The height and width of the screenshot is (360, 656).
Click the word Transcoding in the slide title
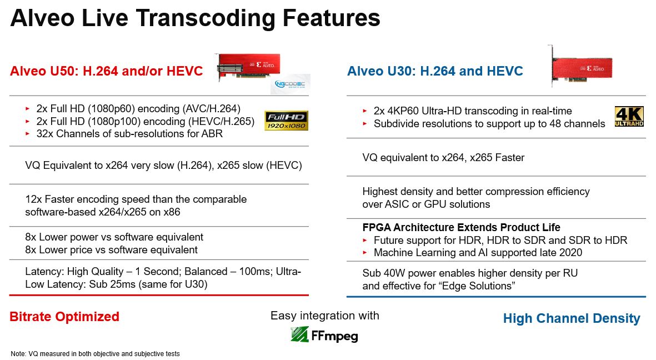tap(204, 18)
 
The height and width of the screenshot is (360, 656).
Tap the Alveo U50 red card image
tap(248, 67)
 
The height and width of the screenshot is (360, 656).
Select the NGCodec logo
tap(290, 84)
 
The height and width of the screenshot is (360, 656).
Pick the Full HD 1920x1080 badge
tap(286, 121)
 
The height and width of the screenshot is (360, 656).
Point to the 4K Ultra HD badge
tap(629, 116)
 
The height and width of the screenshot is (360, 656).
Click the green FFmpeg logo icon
tap(299, 334)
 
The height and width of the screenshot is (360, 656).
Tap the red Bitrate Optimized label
tap(64, 317)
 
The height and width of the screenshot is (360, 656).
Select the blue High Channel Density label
tap(572, 318)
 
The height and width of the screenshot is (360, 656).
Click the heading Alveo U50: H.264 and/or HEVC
tap(106, 71)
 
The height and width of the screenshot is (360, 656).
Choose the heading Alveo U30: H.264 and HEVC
tap(435, 71)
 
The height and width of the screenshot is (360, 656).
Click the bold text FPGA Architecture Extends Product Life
tap(461, 227)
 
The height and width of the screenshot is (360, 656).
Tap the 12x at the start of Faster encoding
tap(33, 199)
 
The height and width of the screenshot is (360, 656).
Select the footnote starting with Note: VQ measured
tap(95, 354)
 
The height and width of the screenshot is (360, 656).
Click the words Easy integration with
tap(324, 315)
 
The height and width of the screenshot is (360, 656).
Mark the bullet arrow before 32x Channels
tap(28, 134)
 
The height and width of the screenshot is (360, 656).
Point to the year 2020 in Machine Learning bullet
tap(570, 252)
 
